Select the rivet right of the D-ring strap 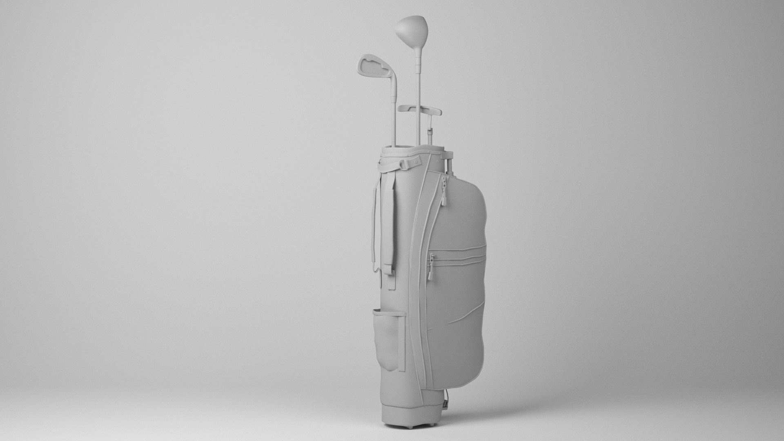tap(416, 161)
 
